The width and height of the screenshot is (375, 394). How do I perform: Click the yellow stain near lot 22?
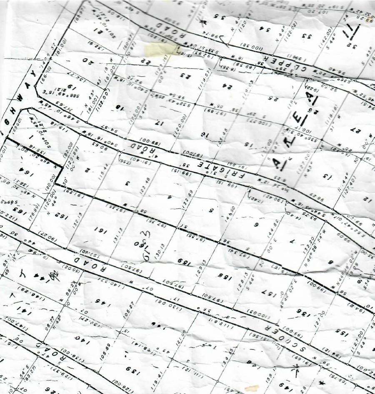pos(160,49)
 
